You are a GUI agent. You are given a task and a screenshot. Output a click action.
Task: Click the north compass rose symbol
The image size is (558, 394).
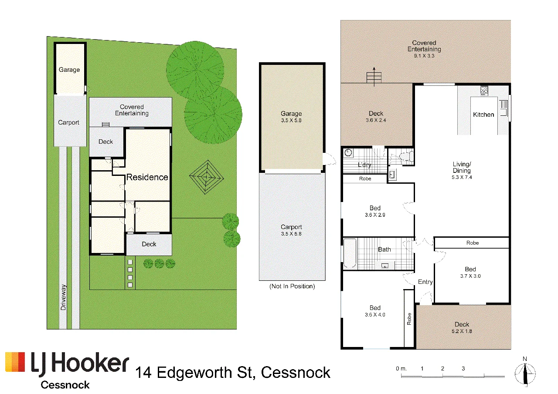click(525, 374)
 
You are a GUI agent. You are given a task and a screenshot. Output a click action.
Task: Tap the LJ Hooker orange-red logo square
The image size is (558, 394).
click(15, 362)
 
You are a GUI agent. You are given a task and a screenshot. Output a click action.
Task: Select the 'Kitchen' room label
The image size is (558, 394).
click(483, 114)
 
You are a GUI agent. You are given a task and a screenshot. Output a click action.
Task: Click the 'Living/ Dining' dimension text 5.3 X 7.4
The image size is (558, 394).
click(462, 177)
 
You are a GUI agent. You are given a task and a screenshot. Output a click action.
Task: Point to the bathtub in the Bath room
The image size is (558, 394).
click(350, 254)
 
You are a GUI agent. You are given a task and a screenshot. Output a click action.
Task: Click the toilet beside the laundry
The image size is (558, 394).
click(406, 156)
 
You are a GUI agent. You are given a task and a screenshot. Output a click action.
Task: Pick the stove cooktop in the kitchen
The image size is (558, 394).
click(484, 91)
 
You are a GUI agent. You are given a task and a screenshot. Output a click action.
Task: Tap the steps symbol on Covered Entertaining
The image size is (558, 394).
click(374, 77)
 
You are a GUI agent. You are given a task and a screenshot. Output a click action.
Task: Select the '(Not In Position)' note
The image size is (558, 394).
click(292, 286)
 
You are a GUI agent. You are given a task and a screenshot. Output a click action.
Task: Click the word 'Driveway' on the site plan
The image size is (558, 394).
click(63, 297)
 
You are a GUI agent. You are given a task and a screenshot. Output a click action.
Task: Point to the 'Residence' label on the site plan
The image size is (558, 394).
click(147, 177)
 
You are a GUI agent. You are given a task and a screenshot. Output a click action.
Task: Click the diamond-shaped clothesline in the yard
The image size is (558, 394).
click(206, 177)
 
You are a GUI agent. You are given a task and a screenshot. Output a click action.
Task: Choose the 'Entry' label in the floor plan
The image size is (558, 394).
click(425, 282)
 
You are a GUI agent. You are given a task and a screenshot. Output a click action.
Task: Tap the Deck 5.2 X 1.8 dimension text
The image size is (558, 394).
click(462, 331)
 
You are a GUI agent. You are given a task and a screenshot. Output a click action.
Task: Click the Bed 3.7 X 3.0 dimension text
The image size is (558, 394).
click(470, 276)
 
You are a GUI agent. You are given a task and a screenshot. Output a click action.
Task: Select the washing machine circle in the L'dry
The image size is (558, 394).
click(348, 153)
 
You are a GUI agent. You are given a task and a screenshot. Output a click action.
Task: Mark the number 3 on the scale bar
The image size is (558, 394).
click(463, 368)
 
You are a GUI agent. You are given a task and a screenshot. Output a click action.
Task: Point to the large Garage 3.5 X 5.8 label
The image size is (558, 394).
click(291, 117)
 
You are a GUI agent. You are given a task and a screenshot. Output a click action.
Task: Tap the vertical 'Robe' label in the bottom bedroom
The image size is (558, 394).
click(409, 319)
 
